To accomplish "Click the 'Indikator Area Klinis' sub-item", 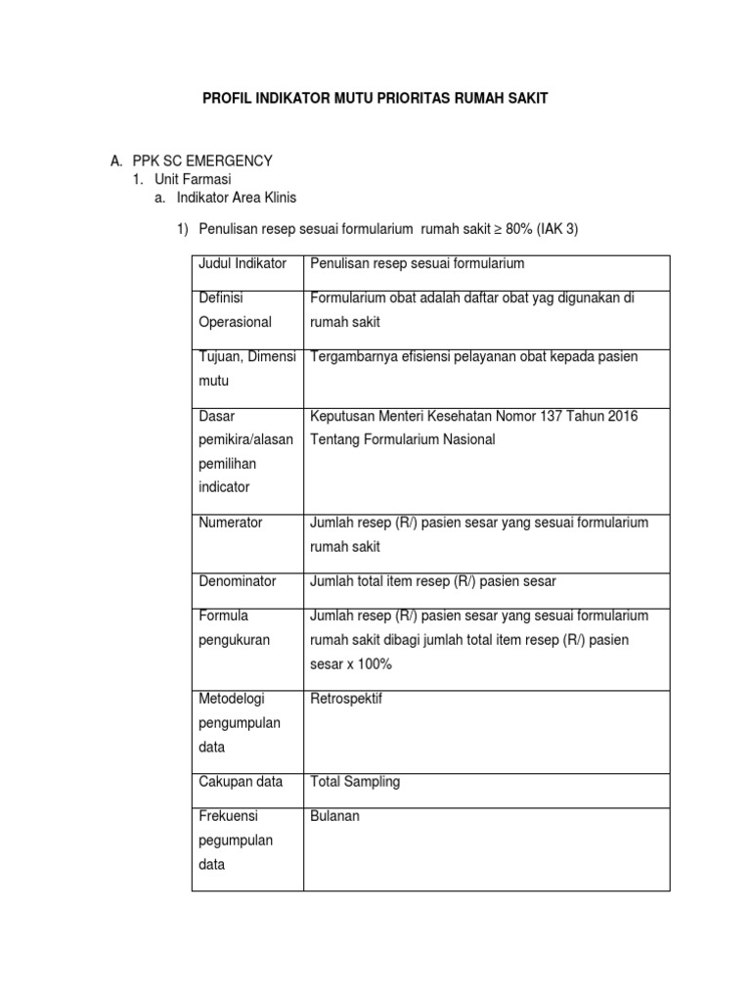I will tap(237, 198).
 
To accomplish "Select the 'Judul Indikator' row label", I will tap(243, 263).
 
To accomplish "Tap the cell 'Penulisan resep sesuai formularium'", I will tap(418, 263).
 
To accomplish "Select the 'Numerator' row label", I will tap(231, 523).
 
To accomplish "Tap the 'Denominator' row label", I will tap(238, 581).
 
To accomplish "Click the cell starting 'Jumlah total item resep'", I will tap(432, 581).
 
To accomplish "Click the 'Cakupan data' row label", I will tap(241, 782).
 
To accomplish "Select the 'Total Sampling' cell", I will tap(355, 782).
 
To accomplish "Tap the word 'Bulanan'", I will tap(335, 816).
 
